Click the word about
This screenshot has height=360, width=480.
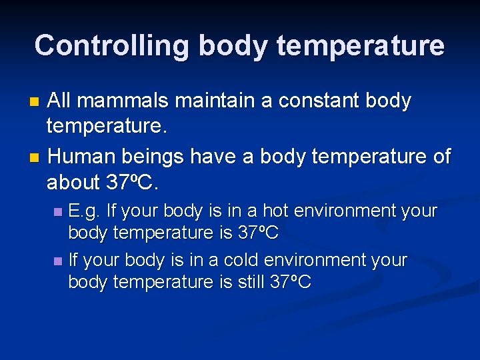73,181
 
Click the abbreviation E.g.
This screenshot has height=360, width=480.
85,211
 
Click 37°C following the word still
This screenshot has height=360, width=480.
291,282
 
